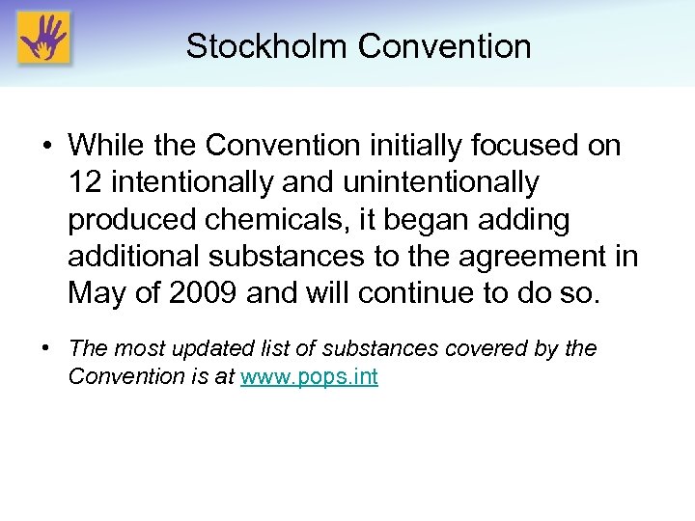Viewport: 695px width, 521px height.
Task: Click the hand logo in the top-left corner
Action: (43, 39)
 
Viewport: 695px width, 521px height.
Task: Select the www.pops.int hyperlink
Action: (309, 376)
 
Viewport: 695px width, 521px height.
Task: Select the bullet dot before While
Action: (45, 147)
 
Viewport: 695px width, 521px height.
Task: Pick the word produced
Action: (129, 219)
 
